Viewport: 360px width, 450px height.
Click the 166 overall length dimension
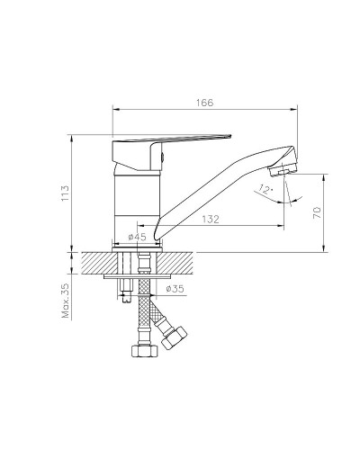(x=204, y=103)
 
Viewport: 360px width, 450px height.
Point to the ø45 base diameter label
(x=137, y=237)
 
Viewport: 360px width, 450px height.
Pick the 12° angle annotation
(x=262, y=188)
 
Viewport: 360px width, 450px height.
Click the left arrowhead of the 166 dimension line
(x=113, y=110)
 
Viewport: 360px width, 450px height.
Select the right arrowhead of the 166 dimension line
(x=296, y=110)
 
